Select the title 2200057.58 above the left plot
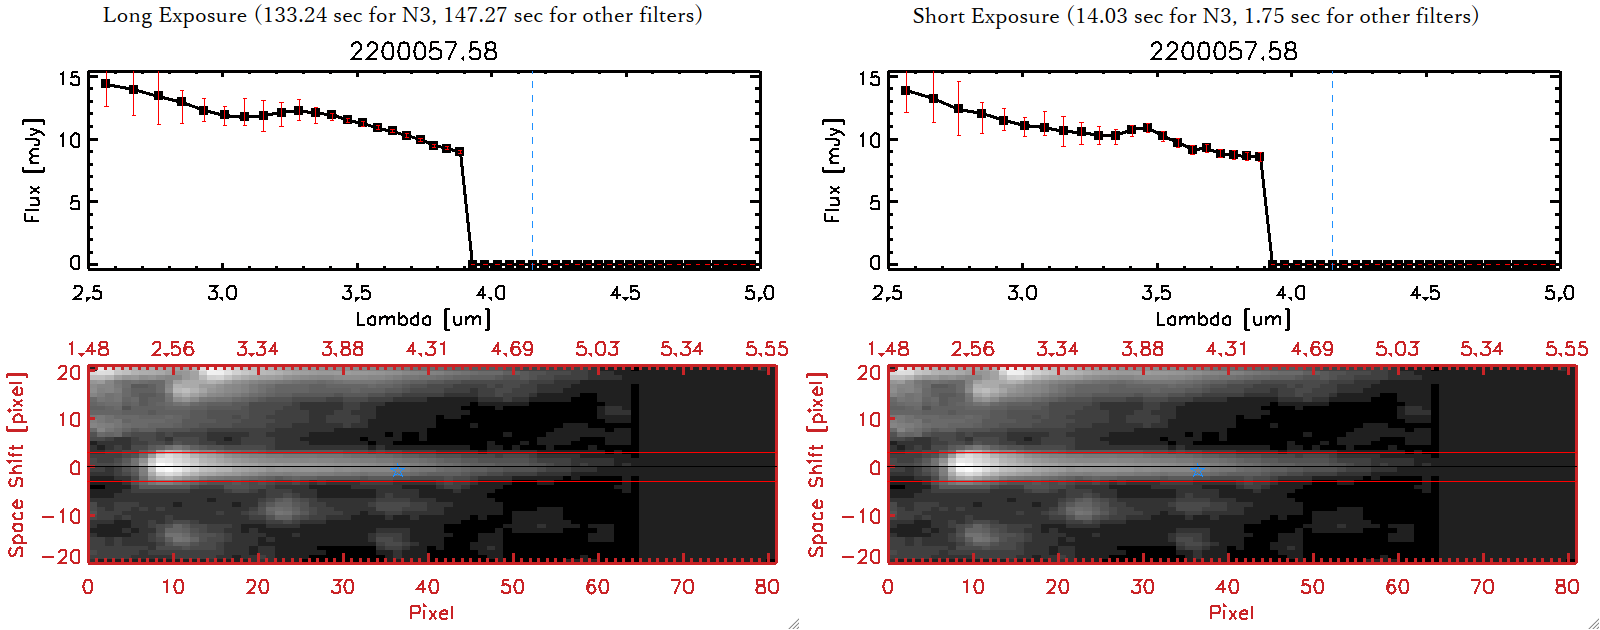point(423,51)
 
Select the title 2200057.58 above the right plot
point(1223,51)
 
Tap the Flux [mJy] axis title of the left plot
point(34,170)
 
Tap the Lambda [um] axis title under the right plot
point(1223,319)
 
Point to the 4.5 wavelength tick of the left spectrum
point(625,293)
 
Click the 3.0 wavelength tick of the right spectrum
point(1022,293)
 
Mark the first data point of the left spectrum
point(106,84)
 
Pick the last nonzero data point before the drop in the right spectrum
point(1259,157)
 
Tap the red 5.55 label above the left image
point(766,349)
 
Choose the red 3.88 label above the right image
point(1142,349)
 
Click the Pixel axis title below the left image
point(431,612)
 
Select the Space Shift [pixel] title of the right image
point(816,465)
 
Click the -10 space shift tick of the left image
point(61,516)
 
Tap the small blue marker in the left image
point(398,470)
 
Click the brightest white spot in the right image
point(970,465)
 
